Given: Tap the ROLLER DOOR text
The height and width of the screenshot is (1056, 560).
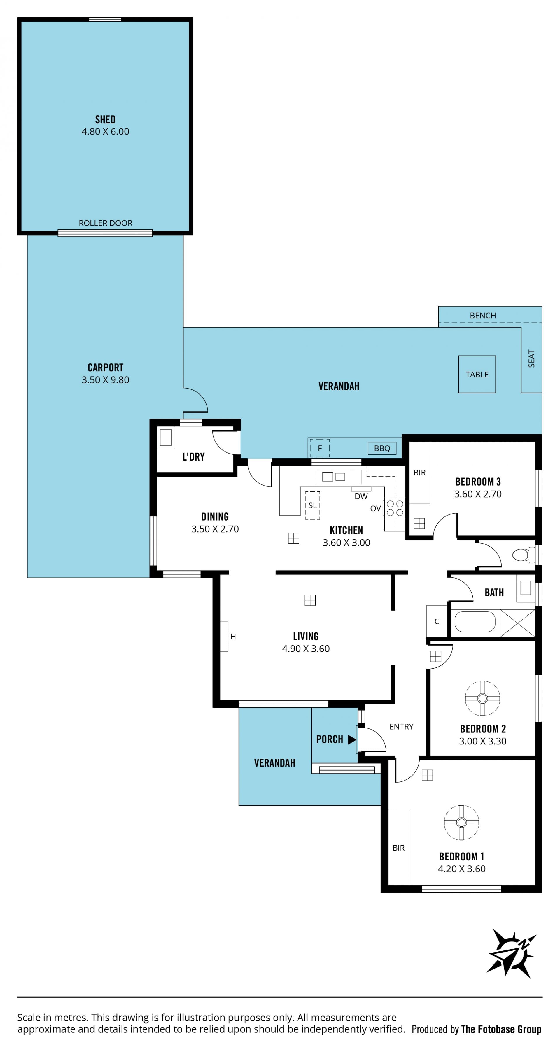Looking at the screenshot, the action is (x=105, y=223).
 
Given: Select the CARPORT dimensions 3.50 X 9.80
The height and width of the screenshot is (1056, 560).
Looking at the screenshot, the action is (x=105, y=380).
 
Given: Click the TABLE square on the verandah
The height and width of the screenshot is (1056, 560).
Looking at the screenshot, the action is (x=477, y=374).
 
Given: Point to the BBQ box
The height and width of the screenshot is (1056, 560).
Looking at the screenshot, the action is (x=382, y=448).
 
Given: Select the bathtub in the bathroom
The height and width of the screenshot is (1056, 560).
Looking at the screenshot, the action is (x=475, y=622).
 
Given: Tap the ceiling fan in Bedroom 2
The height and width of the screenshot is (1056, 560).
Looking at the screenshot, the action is (x=482, y=698).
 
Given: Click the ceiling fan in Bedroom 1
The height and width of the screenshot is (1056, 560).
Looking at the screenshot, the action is (x=461, y=822).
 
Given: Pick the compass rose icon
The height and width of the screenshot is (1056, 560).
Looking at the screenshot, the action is (x=512, y=953).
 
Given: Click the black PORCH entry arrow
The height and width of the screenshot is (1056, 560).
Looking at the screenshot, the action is (x=351, y=739).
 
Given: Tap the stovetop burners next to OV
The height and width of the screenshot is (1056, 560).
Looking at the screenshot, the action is (x=395, y=508).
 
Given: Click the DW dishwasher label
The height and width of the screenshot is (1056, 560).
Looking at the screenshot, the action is (x=361, y=496).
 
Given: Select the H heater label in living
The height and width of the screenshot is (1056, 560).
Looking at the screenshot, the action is (x=233, y=637).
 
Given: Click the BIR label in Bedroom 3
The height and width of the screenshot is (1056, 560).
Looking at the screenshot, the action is (x=419, y=473).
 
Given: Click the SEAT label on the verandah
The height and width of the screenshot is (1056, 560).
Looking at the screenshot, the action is (x=531, y=359).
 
